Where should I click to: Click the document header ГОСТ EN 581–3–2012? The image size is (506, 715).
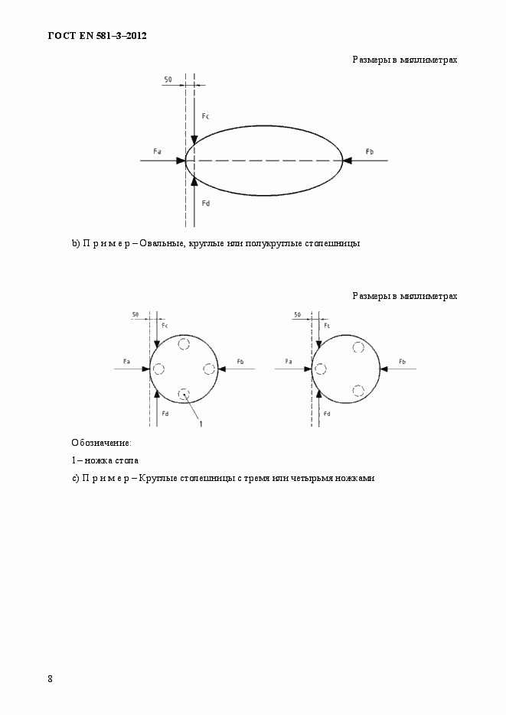click(96, 36)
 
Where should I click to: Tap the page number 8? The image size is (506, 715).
click(51, 678)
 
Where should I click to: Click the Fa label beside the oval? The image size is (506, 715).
click(157, 151)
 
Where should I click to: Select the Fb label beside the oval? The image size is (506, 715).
click(369, 151)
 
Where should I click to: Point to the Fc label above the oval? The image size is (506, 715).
click(205, 115)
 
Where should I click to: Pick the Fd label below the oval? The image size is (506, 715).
click(205, 203)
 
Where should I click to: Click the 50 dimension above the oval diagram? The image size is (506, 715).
click(168, 79)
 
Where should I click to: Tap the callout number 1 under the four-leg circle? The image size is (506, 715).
click(201, 423)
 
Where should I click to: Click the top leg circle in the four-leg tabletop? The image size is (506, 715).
click(184, 344)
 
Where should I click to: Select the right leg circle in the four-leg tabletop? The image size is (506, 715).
click(209, 369)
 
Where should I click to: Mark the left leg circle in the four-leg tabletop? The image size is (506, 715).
click(158, 369)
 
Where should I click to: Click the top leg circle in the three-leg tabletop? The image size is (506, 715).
click(358, 348)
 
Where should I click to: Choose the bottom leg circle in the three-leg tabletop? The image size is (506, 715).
click(358, 390)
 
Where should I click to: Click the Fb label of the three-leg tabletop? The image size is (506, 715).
click(403, 360)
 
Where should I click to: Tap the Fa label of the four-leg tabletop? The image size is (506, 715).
click(126, 360)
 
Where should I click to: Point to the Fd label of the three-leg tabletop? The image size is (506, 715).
click(327, 413)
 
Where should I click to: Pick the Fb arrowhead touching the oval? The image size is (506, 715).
click(347, 161)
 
